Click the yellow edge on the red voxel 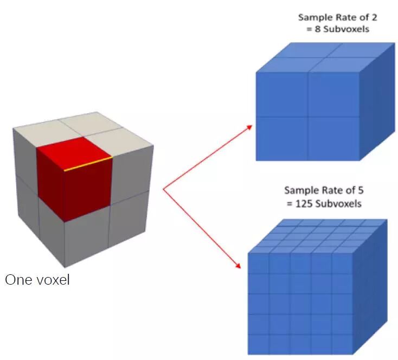pyautogui.click(x=88, y=164)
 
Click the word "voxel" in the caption pyautogui.click(x=52, y=281)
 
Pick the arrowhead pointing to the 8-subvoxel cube pyautogui.click(x=249, y=126)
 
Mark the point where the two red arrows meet pyautogui.click(x=163, y=189)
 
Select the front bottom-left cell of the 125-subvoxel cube pyautogui.click(x=259, y=344)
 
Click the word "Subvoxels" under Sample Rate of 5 pyautogui.click(x=342, y=204)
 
